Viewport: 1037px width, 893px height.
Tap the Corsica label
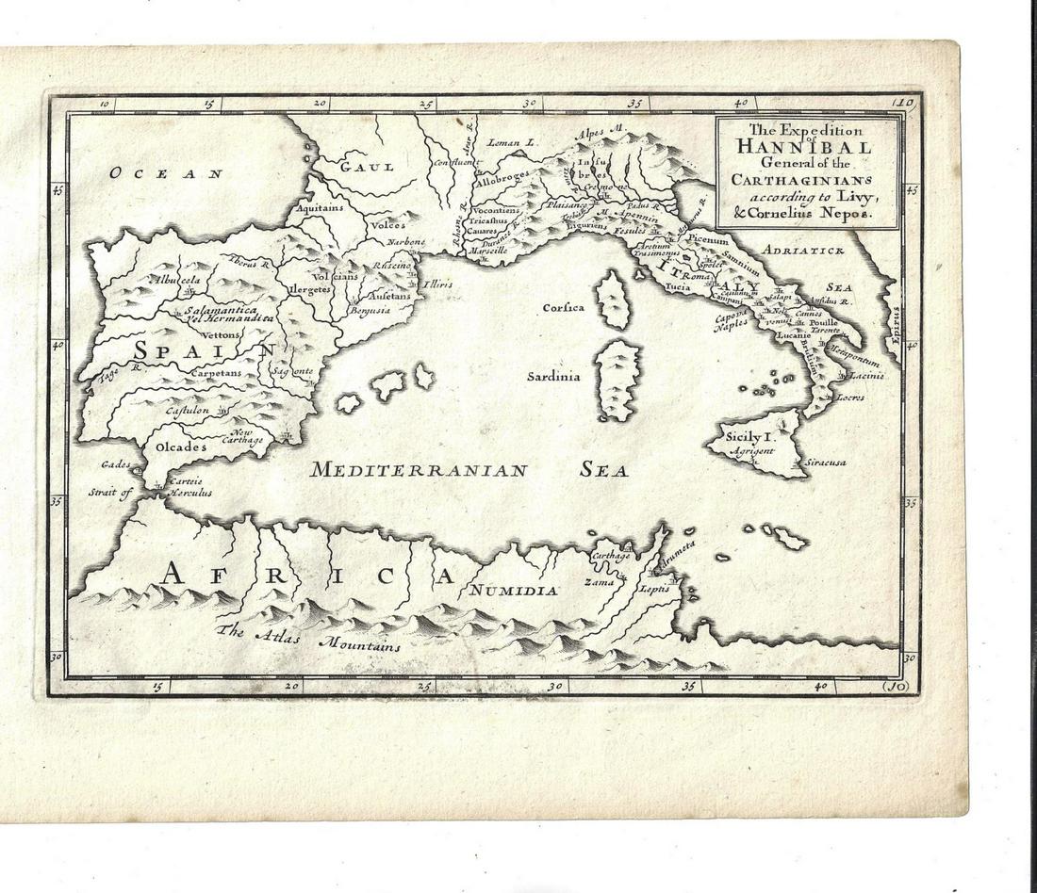(564, 308)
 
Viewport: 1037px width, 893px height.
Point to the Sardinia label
(553, 376)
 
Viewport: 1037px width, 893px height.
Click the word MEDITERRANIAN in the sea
(419, 470)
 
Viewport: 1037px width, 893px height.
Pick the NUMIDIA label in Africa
(510, 591)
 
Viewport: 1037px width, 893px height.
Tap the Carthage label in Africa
(610, 556)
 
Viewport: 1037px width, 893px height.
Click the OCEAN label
(166, 173)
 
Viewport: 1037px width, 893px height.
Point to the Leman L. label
(512, 143)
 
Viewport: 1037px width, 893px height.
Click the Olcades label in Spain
(180, 446)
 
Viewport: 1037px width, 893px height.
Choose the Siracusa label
(826, 463)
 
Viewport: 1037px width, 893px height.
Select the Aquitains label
(314, 207)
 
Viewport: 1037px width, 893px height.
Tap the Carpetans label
(216, 373)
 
